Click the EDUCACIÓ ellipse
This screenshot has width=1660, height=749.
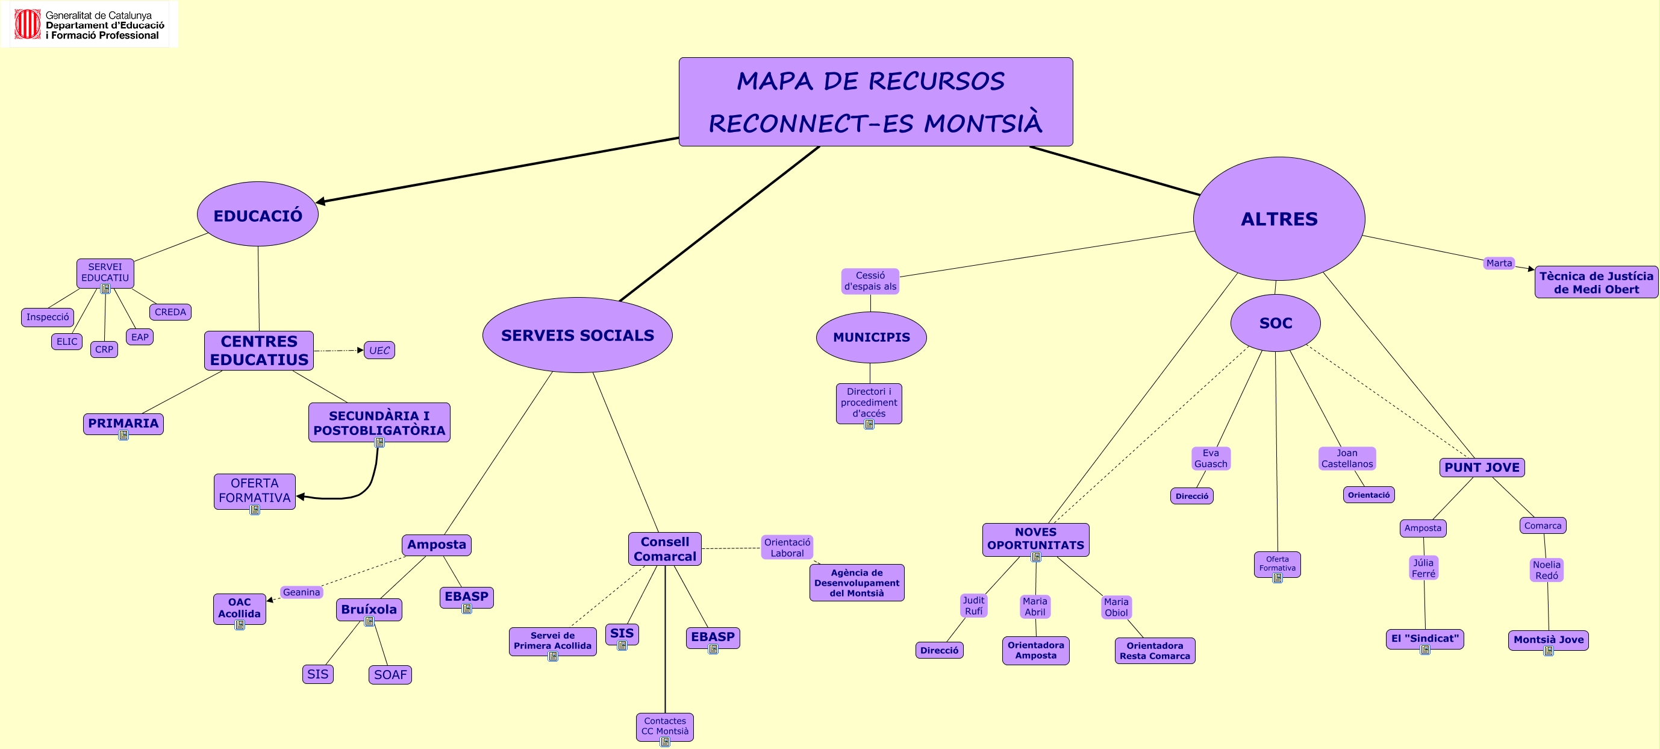(x=258, y=215)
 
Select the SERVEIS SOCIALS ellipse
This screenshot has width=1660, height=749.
(x=578, y=335)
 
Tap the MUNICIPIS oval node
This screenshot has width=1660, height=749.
(x=871, y=337)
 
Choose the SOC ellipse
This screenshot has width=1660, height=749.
(x=1275, y=323)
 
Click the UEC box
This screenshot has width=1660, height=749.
(x=379, y=350)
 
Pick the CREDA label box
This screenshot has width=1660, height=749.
(x=170, y=312)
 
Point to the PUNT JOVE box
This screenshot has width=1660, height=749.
(x=1482, y=468)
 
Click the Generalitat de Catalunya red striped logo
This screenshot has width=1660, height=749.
(x=28, y=24)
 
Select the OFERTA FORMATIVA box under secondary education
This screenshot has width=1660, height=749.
(x=255, y=490)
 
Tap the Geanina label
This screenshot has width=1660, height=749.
(x=301, y=592)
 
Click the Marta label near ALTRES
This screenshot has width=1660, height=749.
(x=1499, y=263)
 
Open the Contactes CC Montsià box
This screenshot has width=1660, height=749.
(x=664, y=725)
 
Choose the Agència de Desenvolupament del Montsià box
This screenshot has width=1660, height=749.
(x=857, y=583)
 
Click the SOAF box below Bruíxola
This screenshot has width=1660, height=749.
(x=390, y=674)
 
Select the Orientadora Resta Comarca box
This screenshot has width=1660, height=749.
(x=1154, y=650)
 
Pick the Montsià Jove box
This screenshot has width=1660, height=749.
(x=1548, y=639)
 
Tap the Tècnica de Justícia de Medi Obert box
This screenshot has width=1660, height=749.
(x=1596, y=283)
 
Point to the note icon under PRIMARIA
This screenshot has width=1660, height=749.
(x=123, y=436)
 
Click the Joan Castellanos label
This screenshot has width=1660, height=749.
(x=1347, y=459)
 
